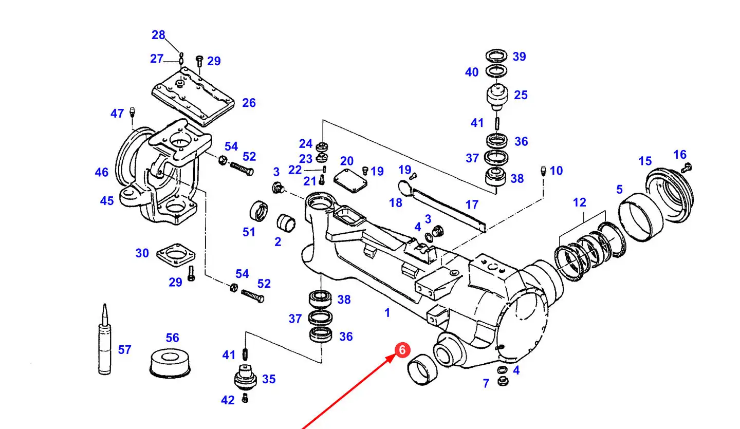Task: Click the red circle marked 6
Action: (402, 350)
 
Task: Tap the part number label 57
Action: (124, 350)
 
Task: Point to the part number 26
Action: (249, 103)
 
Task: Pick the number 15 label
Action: (645, 161)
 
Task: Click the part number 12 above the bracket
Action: (579, 202)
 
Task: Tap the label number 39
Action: (519, 57)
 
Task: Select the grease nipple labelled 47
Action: (132, 111)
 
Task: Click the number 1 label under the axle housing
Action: (387, 312)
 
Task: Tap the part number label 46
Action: (102, 172)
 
